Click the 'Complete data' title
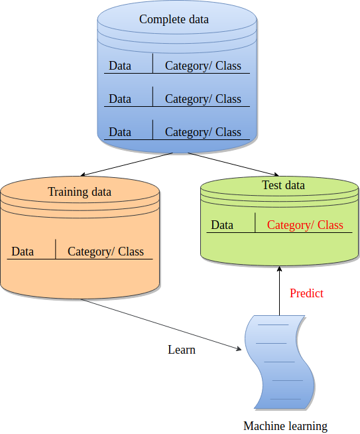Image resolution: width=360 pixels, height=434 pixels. point(174,19)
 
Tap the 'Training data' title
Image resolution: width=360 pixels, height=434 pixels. point(80,192)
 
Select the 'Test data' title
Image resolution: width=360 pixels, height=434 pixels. point(283,185)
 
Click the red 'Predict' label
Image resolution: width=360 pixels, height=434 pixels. point(306,293)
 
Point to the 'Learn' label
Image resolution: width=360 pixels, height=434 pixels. point(182,350)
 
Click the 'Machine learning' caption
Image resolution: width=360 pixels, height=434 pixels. point(285,426)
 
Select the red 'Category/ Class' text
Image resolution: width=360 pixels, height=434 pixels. point(305,225)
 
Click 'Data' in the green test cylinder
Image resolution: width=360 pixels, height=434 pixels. point(222,225)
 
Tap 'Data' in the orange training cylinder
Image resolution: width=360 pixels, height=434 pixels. point(23,252)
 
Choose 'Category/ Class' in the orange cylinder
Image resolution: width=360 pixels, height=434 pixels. point(105,252)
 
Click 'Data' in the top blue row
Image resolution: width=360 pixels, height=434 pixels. point(120,66)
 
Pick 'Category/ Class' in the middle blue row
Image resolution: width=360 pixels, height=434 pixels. point(203,99)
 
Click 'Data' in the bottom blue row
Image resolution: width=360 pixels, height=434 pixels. point(120,132)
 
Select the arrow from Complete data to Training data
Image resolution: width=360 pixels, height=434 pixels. point(127,164)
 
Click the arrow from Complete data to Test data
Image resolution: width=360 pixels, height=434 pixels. point(233,164)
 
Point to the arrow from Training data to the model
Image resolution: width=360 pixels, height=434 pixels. point(161,325)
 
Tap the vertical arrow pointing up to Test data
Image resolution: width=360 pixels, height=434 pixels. point(279,291)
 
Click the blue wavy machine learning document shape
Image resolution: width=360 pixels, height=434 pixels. point(279,362)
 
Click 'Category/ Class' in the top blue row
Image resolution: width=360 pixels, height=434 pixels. point(203,66)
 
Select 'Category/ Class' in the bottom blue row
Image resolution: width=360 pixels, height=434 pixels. point(203,132)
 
